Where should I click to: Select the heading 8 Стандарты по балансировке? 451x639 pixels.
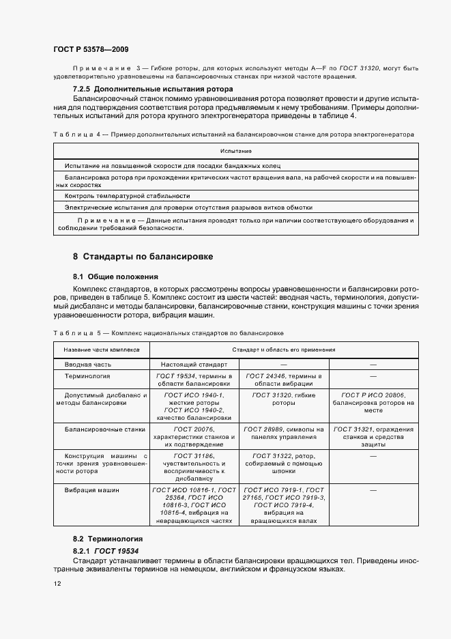point(143,257)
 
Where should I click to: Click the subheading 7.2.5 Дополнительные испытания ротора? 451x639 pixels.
point(153,89)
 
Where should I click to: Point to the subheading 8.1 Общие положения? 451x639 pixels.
point(115,276)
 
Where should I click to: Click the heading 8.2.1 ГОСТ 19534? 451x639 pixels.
point(101,550)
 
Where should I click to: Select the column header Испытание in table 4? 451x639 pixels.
point(236,150)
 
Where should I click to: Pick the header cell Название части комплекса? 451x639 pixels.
point(102,349)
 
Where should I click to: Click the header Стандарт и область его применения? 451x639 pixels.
point(283,349)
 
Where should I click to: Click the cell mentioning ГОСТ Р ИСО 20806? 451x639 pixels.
point(372,403)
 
